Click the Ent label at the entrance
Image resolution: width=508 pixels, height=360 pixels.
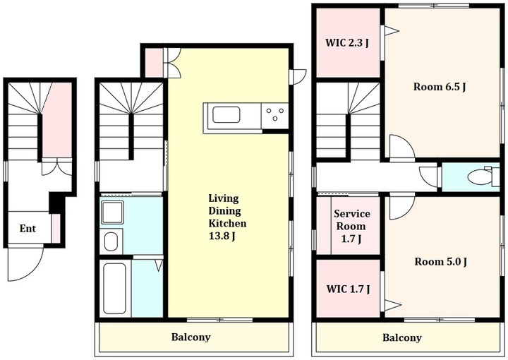(x=28, y=229)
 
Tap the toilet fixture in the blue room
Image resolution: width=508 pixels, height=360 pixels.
(x=479, y=176)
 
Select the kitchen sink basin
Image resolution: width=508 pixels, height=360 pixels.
(x=226, y=115)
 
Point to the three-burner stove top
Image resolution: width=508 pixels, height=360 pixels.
(x=274, y=115)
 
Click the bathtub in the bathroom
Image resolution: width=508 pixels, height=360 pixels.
(x=114, y=288)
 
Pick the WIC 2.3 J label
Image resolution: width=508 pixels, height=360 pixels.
(x=347, y=43)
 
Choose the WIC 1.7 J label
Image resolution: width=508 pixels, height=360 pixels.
(x=349, y=289)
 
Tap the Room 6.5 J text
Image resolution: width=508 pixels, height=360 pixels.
(x=440, y=87)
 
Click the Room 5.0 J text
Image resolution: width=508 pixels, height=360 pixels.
(x=440, y=261)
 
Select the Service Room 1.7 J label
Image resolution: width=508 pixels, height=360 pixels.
(x=352, y=226)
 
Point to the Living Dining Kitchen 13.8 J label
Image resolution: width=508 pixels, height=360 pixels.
(x=227, y=217)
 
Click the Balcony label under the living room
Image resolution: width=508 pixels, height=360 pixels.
(x=190, y=337)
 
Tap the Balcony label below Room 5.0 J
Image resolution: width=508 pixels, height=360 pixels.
(x=402, y=337)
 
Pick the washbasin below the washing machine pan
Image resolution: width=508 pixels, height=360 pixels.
(x=111, y=241)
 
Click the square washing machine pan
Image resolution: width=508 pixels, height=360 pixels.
(x=112, y=212)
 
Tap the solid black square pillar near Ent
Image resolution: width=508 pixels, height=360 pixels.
(x=56, y=203)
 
